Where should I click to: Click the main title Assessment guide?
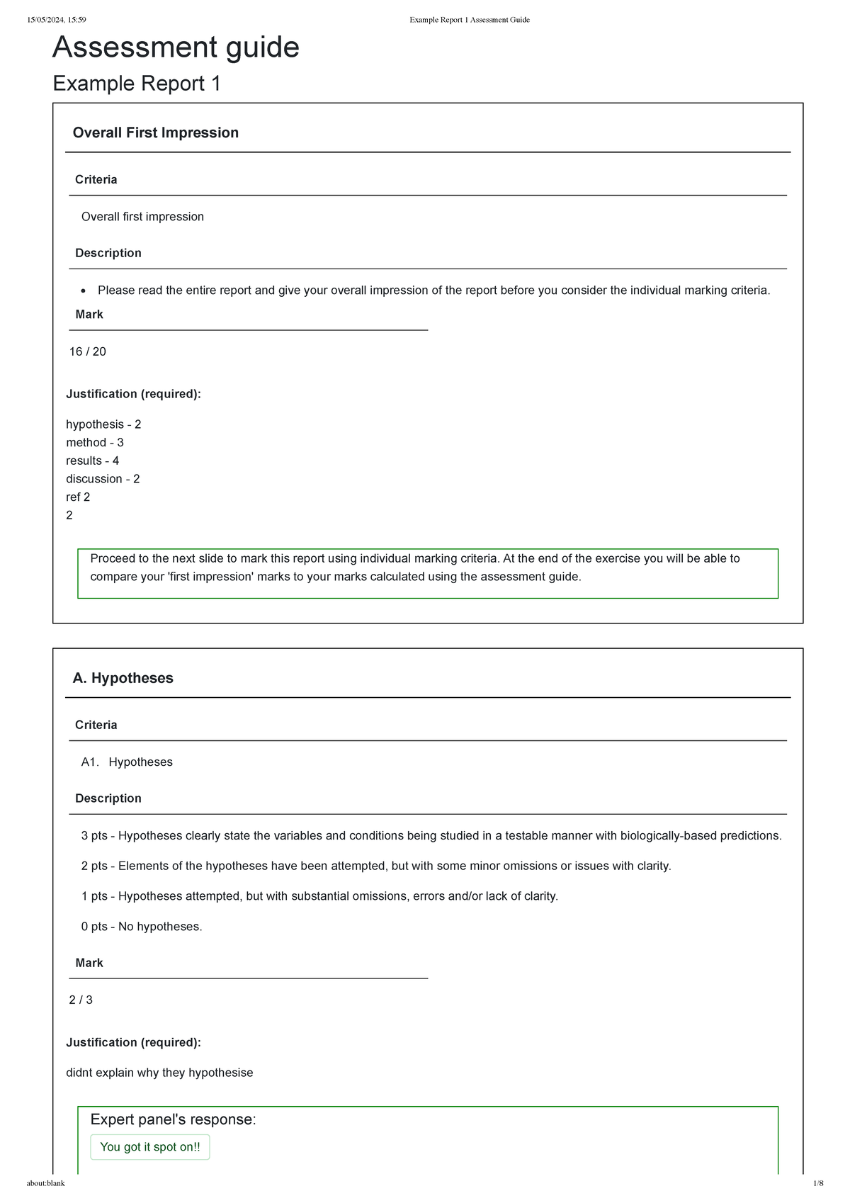point(176,47)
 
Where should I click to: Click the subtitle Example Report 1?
point(137,84)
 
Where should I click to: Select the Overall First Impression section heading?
point(155,132)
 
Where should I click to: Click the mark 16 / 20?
point(87,351)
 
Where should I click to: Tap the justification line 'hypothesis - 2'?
point(103,424)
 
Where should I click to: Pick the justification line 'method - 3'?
point(95,442)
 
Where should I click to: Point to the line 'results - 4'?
point(93,461)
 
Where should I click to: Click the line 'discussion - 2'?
point(103,479)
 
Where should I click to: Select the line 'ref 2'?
point(78,497)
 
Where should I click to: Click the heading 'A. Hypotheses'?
point(123,678)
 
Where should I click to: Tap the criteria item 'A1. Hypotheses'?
point(127,762)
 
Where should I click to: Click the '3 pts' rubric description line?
point(431,835)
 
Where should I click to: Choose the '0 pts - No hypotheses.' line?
point(142,926)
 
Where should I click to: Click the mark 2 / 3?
point(81,1000)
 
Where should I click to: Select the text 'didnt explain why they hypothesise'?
point(159,1073)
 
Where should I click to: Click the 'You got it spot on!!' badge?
point(150,1146)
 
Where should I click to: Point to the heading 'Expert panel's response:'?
point(173,1119)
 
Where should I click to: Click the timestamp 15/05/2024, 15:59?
point(56,20)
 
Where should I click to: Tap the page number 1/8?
point(817,1183)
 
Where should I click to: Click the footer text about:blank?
point(45,1183)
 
